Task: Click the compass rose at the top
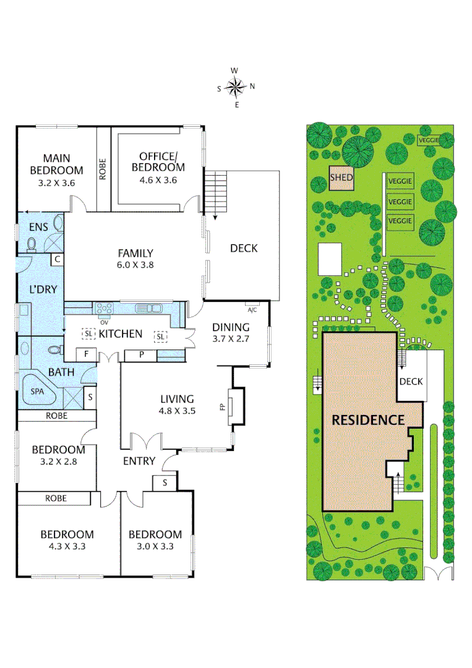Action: (x=236, y=87)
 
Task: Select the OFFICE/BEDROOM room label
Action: (x=161, y=161)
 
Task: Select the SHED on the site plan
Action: (x=341, y=178)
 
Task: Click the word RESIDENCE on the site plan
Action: (x=368, y=420)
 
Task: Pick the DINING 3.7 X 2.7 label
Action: (x=230, y=333)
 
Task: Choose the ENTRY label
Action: (x=139, y=461)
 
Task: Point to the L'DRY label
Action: (x=39, y=289)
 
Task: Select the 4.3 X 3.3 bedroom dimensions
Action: (x=67, y=546)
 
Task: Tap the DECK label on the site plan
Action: (x=410, y=382)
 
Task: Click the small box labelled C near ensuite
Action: (x=56, y=260)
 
